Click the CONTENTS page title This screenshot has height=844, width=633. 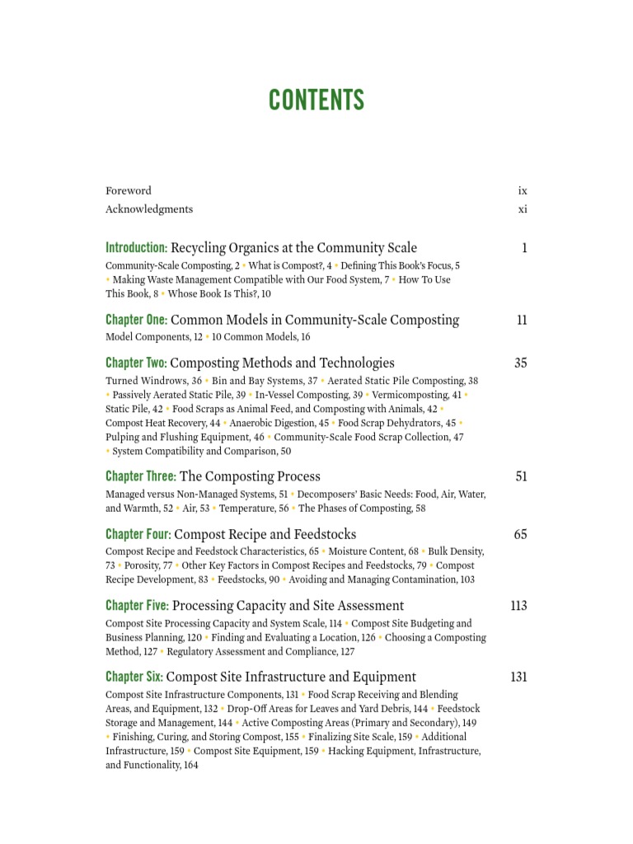(316, 101)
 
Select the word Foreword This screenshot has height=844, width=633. (129, 190)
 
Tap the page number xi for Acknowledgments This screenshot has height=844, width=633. (523, 209)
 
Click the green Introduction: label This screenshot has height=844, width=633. (137, 248)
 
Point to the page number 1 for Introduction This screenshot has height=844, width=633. (524, 248)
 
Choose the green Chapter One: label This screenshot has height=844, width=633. (136, 320)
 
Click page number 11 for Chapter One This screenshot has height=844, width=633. (522, 320)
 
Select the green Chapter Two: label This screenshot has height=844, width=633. (136, 363)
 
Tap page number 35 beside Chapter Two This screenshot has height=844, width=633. (521, 363)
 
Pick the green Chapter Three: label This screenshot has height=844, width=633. (141, 476)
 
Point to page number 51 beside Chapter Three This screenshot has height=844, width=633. (521, 476)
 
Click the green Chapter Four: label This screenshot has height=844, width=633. (138, 534)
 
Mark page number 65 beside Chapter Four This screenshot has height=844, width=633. (521, 534)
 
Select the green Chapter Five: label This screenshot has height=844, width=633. (138, 606)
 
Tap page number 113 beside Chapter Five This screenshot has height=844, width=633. (518, 606)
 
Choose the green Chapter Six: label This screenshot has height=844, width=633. (134, 678)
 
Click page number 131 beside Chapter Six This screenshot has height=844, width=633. (518, 678)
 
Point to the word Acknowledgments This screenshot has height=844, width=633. (149, 209)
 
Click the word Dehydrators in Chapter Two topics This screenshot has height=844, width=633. (415, 423)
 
